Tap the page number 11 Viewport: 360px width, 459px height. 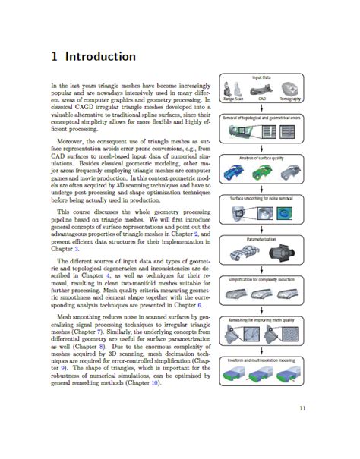[x=302, y=410]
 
